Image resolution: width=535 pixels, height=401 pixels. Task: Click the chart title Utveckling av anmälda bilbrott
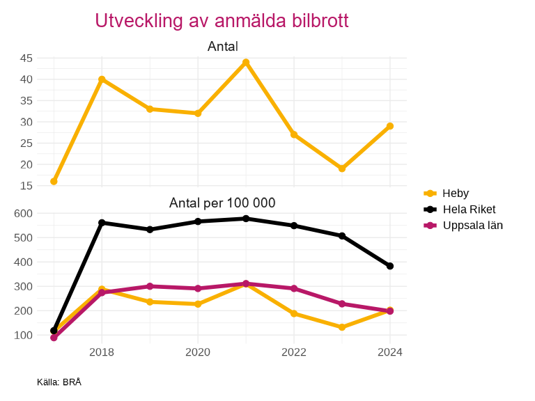(x=222, y=21)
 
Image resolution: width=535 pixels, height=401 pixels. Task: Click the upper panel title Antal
(x=222, y=47)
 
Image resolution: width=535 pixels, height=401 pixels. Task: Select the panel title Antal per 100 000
(x=222, y=203)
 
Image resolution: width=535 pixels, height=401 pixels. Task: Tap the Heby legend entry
(x=455, y=193)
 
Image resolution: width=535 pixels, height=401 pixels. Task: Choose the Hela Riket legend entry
(x=469, y=209)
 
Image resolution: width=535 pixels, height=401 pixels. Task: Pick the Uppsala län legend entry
(x=472, y=225)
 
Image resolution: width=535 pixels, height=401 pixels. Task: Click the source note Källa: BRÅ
(x=59, y=382)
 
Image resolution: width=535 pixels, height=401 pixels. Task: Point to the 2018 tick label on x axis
(x=102, y=352)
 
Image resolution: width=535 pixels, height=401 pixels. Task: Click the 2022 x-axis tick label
(x=294, y=352)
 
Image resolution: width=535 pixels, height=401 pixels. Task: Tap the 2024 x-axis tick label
(x=390, y=352)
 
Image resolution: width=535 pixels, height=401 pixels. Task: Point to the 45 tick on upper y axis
(x=26, y=58)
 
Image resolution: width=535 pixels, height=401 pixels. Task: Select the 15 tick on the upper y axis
(x=26, y=186)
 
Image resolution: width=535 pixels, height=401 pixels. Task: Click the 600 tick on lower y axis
(x=23, y=213)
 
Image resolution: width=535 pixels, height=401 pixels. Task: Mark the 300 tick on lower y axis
(x=23, y=286)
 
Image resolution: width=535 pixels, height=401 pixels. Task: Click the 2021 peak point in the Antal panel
(x=246, y=63)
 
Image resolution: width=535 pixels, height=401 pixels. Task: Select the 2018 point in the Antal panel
(x=102, y=79)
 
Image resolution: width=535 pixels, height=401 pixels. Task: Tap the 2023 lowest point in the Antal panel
(x=342, y=168)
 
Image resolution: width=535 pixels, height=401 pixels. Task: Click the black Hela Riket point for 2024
(x=390, y=266)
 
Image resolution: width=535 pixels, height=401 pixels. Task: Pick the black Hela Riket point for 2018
(x=102, y=223)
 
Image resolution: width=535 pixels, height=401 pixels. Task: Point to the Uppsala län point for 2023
(x=342, y=304)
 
